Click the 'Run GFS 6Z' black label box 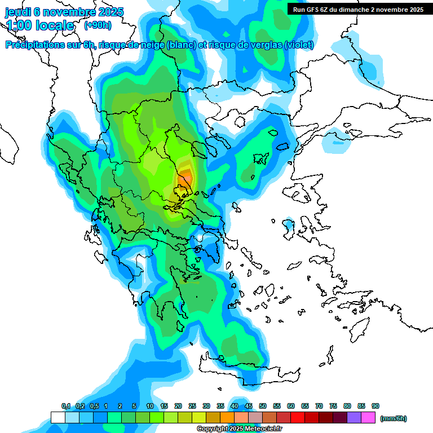[x=358, y=10]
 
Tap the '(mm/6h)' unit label [x=393, y=418]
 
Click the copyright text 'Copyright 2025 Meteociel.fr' [x=239, y=429]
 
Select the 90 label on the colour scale [x=375, y=406]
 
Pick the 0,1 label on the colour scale [x=65, y=406]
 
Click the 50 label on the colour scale [x=263, y=406]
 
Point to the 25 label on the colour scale [x=192, y=406]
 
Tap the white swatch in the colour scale [x=58, y=417]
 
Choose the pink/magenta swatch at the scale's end [x=368, y=417]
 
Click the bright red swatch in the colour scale [x=298, y=417]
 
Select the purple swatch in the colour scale [x=354, y=417]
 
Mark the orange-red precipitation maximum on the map [x=184, y=181]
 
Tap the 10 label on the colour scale [x=150, y=406]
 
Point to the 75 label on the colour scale [x=333, y=406]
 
